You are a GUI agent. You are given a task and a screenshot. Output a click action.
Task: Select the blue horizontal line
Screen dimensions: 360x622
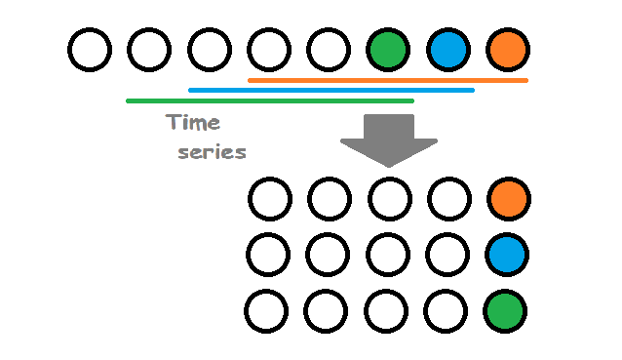pyautogui.click(x=330, y=90)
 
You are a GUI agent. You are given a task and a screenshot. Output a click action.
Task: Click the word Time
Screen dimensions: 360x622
pyautogui.click(x=193, y=124)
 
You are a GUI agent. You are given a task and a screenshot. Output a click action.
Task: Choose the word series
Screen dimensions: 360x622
pyautogui.click(x=212, y=152)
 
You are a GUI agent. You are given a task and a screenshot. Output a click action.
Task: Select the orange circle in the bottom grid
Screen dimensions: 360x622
pyautogui.click(x=508, y=199)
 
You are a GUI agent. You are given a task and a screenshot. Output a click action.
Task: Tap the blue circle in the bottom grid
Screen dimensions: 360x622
pyautogui.click(x=507, y=255)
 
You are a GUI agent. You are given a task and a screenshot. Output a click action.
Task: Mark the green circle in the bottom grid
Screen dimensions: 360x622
pyautogui.click(x=506, y=311)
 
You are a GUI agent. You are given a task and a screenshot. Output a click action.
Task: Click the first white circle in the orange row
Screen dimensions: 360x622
pyautogui.click(x=270, y=199)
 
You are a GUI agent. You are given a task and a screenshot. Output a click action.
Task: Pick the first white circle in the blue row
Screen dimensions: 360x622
pyautogui.click(x=268, y=255)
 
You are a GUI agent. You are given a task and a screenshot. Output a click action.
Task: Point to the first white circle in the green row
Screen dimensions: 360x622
pyautogui.click(x=266, y=311)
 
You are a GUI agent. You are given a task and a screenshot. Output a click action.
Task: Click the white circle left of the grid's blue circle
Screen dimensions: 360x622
pyautogui.click(x=447, y=255)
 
